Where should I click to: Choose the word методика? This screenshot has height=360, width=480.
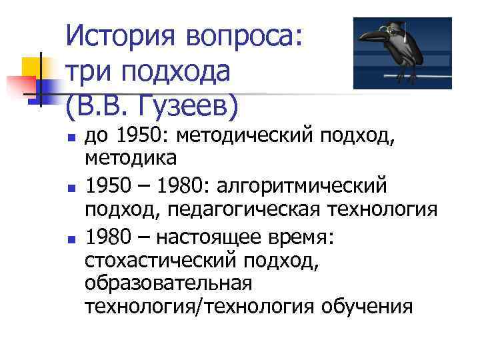coord(131,159)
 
